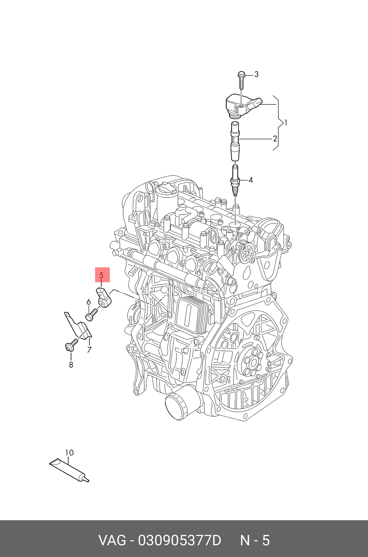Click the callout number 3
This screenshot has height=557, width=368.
(256, 74)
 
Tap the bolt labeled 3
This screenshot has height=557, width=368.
(241, 81)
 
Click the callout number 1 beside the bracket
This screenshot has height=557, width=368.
(285, 123)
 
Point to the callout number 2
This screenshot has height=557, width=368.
(275, 138)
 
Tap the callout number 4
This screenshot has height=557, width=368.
(250, 180)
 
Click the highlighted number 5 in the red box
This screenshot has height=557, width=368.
(102, 275)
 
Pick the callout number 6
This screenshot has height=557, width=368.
(89, 302)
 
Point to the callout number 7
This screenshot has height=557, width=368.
(89, 350)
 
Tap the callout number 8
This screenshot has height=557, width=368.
(71, 365)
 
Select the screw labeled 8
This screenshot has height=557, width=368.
(71, 345)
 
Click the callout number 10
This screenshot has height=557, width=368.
(69, 453)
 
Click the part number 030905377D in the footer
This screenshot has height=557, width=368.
(179, 541)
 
